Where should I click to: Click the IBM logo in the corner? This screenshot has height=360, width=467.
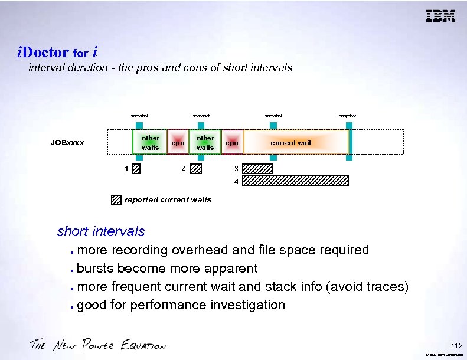tap(441, 17)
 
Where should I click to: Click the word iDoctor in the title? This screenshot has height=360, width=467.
tap(43, 52)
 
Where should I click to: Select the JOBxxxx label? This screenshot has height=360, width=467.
tap(67, 143)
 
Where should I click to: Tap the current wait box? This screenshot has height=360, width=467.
tap(290, 143)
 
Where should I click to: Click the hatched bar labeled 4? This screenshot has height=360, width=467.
tap(295, 181)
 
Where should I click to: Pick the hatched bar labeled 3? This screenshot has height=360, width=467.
tap(258, 169)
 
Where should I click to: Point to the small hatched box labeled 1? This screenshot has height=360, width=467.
tap(136, 169)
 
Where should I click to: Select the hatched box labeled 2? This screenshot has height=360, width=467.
tap(196, 169)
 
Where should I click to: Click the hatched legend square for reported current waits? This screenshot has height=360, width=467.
tap(116, 199)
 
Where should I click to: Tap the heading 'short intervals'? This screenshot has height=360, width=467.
tap(101, 231)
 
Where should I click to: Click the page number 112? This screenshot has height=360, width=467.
tap(456, 345)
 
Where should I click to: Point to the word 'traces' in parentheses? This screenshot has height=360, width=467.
tap(386, 287)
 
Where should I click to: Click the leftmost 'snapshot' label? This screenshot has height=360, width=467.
tap(139, 116)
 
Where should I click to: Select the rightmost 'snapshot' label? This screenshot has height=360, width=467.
tap(347, 116)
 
